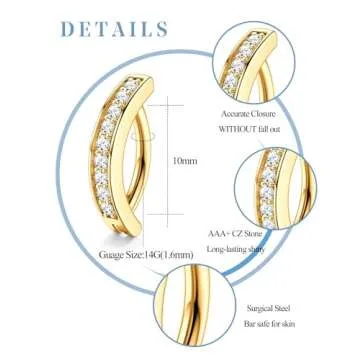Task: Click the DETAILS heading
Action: [113, 28]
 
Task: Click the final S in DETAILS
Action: [160, 28]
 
